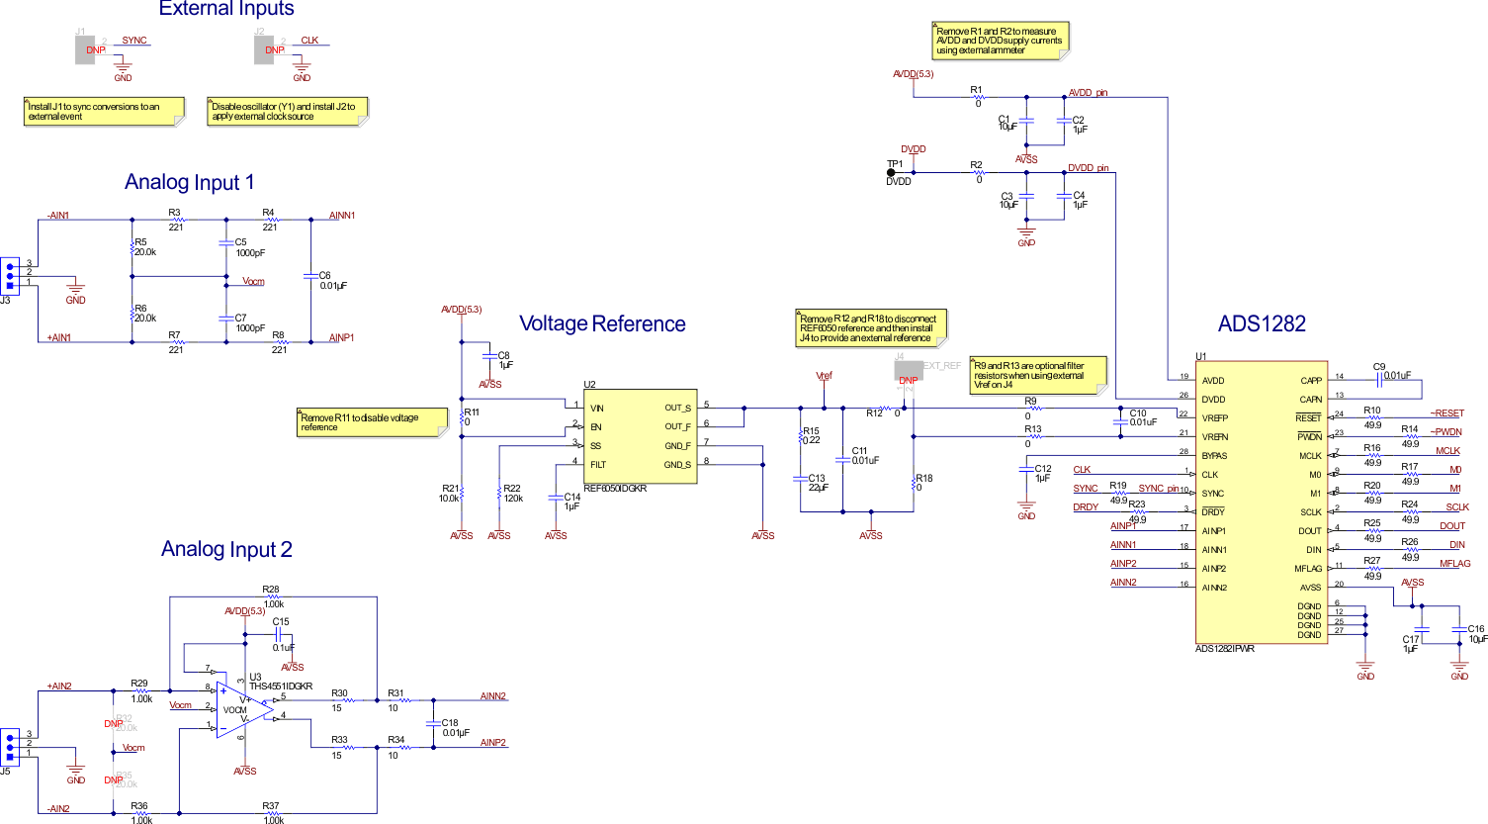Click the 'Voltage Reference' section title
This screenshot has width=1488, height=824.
tap(602, 324)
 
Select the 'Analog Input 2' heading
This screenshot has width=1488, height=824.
tap(226, 550)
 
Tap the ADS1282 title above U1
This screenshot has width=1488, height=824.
tap(1262, 324)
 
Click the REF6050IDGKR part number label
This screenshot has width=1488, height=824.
tap(615, 489)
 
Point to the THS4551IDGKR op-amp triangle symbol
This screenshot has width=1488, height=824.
tap(243, 709)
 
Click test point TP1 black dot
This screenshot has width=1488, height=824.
tap(891, 173)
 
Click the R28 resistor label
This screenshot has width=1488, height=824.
tap(271, 590)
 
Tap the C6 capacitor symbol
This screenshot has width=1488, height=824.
tap(310, 276)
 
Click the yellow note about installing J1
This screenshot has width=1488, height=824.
tap(103, 111)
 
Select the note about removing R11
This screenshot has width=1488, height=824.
tap(371, 422)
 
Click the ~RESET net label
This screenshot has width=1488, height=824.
tap(1446, 413)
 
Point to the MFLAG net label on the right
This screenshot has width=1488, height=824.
tap(1454, 564)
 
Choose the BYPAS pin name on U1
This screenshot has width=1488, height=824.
tap(1214, 456)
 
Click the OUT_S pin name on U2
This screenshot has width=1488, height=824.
tap(677, 409)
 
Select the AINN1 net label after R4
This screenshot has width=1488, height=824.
tap(342, 216)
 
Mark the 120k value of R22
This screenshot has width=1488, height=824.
tap(513, 499)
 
